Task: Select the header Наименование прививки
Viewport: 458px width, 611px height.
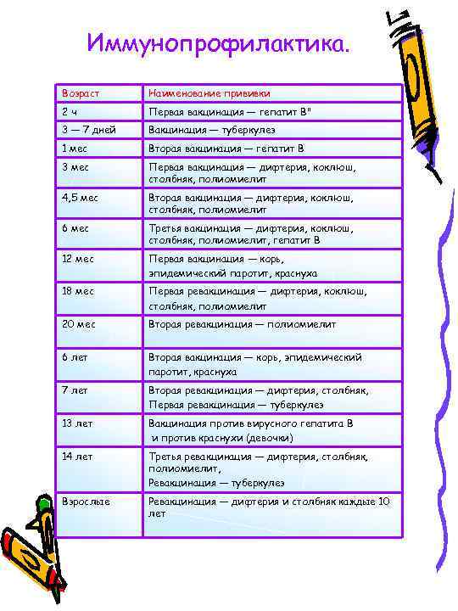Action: click(x=209, y=92)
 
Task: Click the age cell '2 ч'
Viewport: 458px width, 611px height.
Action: click(x=69, y=111)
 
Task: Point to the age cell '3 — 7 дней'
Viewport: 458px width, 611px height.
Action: click(x=89, y=130)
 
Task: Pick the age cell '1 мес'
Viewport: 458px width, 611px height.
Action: click(x=75, y=148)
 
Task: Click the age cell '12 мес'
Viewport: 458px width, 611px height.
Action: click(x=78, y=259)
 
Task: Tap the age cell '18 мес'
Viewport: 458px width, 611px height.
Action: click(x=78, y=291)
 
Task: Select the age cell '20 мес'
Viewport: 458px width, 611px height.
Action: click(x=78, y=323)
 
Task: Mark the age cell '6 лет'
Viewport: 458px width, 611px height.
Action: click(x=75, y=357)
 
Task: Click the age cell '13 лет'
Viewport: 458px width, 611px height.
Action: click(x=76, y=422)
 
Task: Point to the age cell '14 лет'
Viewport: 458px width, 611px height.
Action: click(x=76, y=456)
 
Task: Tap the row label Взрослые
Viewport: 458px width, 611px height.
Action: click(x=86, y=502)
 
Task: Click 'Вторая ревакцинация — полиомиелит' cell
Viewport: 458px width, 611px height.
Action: click(x=243, y=323)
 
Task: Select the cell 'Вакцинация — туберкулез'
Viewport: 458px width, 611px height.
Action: click(x=212, y=130)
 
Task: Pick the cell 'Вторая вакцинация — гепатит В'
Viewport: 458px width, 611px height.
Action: click(x=226, y=148)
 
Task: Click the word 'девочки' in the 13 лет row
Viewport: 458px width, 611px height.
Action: click(x=271, y=438)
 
